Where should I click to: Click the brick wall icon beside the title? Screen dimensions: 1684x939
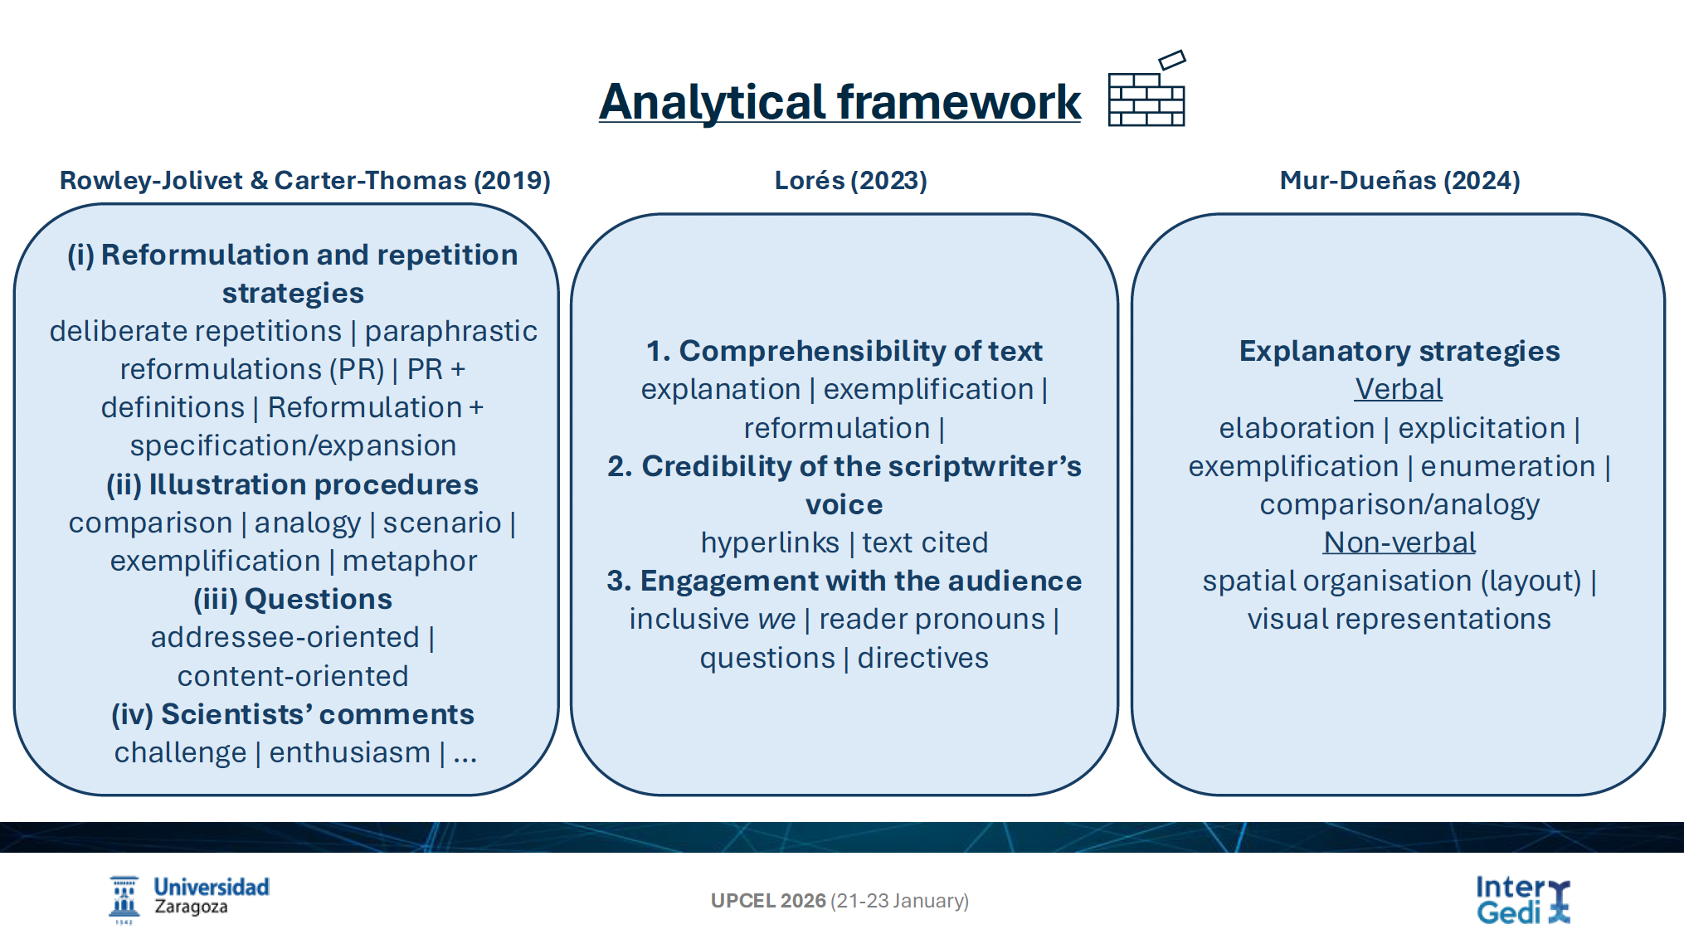[1147, 89]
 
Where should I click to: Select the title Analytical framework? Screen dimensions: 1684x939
[840, 102]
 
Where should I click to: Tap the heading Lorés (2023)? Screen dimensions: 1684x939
[850, 180]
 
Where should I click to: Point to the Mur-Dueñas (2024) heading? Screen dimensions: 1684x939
[1399, 180]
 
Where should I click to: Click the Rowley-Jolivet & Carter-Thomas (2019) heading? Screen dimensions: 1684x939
[304, 180]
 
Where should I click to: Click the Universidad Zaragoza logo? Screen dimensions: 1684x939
[189, 899]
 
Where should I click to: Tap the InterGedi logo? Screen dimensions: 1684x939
[1523, 900]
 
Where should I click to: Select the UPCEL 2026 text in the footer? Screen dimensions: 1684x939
[768, 901]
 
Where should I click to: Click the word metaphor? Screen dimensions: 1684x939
[410, 562]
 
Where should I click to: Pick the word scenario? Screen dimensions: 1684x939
[442, 523]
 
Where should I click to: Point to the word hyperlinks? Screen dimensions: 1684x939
[770, 543]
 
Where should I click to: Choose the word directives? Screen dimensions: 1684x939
[922, 658]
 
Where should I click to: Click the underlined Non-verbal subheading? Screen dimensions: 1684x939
[1399, 542]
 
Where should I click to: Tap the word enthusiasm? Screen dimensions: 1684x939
[349, 753]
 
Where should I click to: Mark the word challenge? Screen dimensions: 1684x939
[180, 753]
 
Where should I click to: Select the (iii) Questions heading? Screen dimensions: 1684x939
[293, 599]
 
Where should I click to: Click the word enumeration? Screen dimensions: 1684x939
[1507, 466]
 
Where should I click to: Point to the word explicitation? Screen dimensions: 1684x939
[1482, 429]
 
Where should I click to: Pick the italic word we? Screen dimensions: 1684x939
[776, 620]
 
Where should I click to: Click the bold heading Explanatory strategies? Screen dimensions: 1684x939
[1399, 352]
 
